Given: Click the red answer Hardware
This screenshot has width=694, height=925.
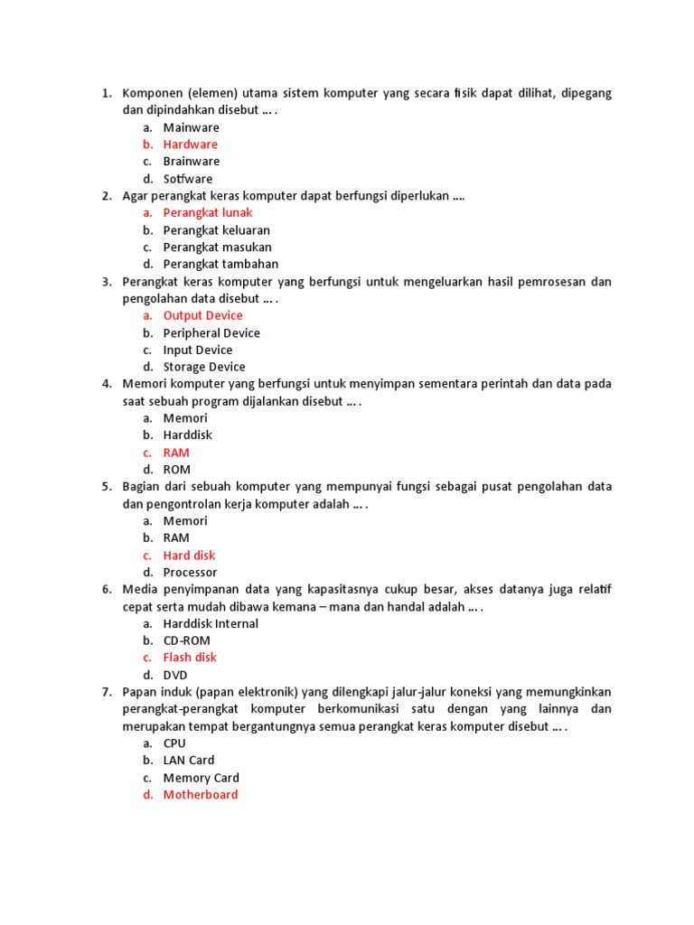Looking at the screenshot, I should [190, 145].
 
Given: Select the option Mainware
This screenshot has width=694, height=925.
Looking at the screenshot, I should [191, 127].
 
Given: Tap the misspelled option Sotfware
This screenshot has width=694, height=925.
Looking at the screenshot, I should [188, 179].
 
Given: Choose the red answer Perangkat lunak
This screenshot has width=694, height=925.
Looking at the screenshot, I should [208, 213].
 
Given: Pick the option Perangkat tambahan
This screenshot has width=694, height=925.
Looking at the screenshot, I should [220, 265].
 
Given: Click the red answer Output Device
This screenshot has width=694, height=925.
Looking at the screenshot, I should [202, 315].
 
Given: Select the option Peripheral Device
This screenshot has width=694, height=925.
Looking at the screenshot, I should [211, 332].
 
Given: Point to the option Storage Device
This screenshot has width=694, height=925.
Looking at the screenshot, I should [204, 367].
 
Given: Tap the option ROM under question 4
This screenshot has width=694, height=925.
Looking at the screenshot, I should [177, 470].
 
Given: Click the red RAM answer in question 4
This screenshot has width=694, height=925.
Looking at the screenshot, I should [176, 453].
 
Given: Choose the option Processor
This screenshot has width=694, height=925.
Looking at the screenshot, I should [190, 573].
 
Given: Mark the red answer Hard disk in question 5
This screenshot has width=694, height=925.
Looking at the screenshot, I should [189, 556].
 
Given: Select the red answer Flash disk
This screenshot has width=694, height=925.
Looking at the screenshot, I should [190, 658].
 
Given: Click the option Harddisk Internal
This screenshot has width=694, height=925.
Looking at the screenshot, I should [211, 623].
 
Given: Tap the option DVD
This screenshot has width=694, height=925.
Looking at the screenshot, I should [175, 675].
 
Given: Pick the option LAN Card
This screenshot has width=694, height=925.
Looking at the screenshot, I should [189, 761].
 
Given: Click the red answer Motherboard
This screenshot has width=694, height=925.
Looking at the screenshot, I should [201, 795].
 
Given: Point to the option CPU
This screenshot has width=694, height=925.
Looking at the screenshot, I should [174, 743].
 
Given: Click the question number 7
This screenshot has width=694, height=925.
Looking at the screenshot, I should [106, 692].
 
